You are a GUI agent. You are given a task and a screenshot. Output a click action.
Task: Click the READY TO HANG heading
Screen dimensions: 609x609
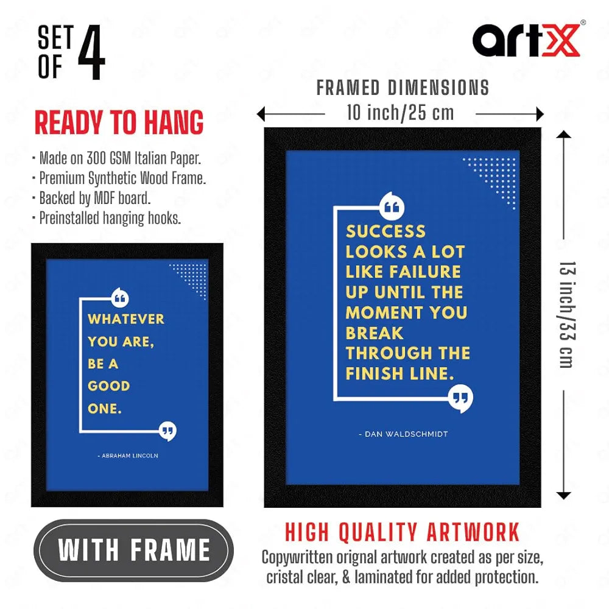pos(119,124)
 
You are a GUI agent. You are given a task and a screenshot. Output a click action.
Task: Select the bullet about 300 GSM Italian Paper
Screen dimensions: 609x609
pos(119,158)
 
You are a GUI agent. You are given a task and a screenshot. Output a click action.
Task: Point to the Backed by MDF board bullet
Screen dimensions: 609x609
pos(94,198)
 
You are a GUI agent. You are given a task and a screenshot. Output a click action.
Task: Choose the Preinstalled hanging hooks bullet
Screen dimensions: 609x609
pos(110,217)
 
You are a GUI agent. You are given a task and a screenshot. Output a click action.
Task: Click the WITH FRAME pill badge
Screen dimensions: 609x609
pos(134,550)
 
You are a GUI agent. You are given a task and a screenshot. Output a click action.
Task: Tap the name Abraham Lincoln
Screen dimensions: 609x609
pos(128,456)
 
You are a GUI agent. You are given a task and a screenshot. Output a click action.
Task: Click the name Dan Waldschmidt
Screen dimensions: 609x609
pos(403,434)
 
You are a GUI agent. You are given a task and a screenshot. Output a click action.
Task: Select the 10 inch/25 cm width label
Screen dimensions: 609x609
pos(400,113)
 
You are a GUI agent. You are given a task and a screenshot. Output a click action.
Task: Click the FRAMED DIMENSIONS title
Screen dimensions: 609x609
pos(403,88)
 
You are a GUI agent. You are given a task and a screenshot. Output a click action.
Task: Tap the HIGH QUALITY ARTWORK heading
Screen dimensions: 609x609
pos(403,532)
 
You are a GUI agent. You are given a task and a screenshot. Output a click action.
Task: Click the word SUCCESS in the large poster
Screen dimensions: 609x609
pos(385,231)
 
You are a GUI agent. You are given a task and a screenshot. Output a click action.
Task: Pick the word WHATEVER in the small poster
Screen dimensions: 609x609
pos(126,319)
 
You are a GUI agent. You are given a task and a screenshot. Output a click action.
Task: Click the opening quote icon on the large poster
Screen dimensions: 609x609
pos(392,206)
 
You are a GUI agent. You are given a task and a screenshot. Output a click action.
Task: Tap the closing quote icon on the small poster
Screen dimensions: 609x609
pos(167,431)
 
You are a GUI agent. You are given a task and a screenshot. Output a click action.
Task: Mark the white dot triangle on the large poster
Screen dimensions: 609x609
pos(496,177)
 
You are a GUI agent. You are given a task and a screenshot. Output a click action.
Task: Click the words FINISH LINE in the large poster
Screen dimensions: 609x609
pos(400,373)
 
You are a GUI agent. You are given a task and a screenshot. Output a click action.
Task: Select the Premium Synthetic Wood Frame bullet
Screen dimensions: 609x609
pos(122,178)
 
